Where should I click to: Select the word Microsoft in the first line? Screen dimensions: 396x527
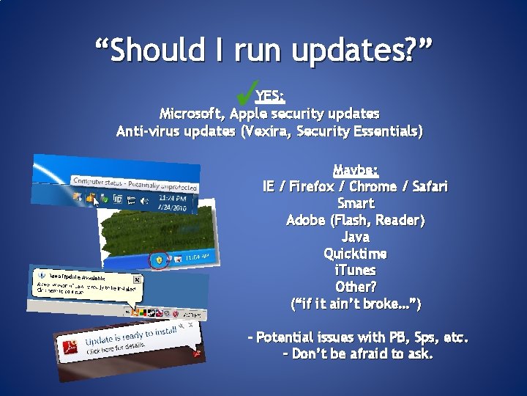point(192,114)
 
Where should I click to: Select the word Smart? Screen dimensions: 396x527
point(356,203)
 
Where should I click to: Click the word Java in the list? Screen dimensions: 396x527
point(356,237)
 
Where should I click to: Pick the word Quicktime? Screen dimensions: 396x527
point(356,254)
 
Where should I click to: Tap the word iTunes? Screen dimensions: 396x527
point(356,271)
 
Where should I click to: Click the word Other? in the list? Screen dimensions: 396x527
point(356,287)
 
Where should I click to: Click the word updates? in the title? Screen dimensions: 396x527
point(362,50)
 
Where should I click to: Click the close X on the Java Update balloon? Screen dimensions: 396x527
point(136,279)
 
